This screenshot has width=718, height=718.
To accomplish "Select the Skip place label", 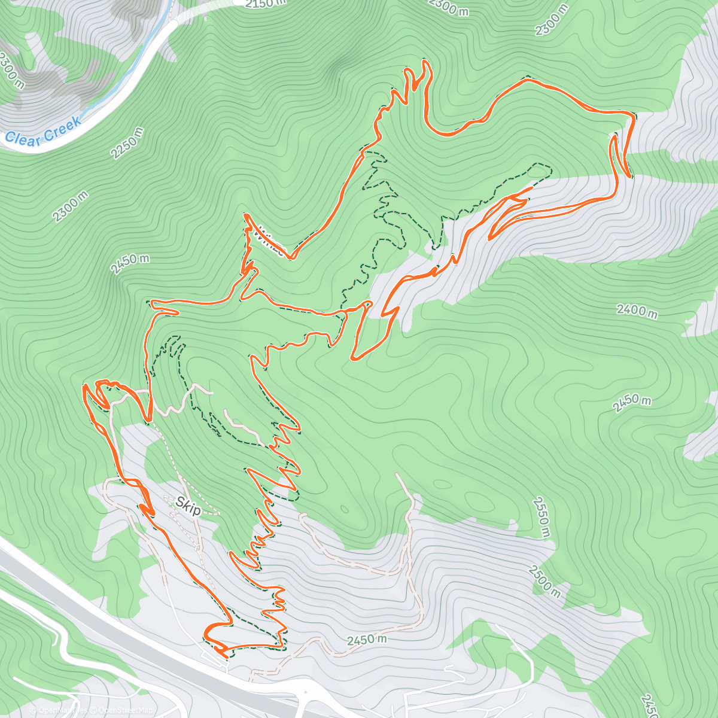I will click(189, 509).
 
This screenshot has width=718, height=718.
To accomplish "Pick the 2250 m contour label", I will click(127, 144).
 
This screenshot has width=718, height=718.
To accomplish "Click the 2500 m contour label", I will click(544, 581).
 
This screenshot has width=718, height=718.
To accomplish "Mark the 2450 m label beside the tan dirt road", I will click(367, 640).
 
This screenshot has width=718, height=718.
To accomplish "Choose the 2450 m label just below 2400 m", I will click(631, 403).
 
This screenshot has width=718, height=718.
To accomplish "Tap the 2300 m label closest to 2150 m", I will click(449, 7).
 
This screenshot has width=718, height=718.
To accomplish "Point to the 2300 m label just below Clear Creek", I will click(70, 206).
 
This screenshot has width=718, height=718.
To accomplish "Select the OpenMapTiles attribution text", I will click(60, 710).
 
